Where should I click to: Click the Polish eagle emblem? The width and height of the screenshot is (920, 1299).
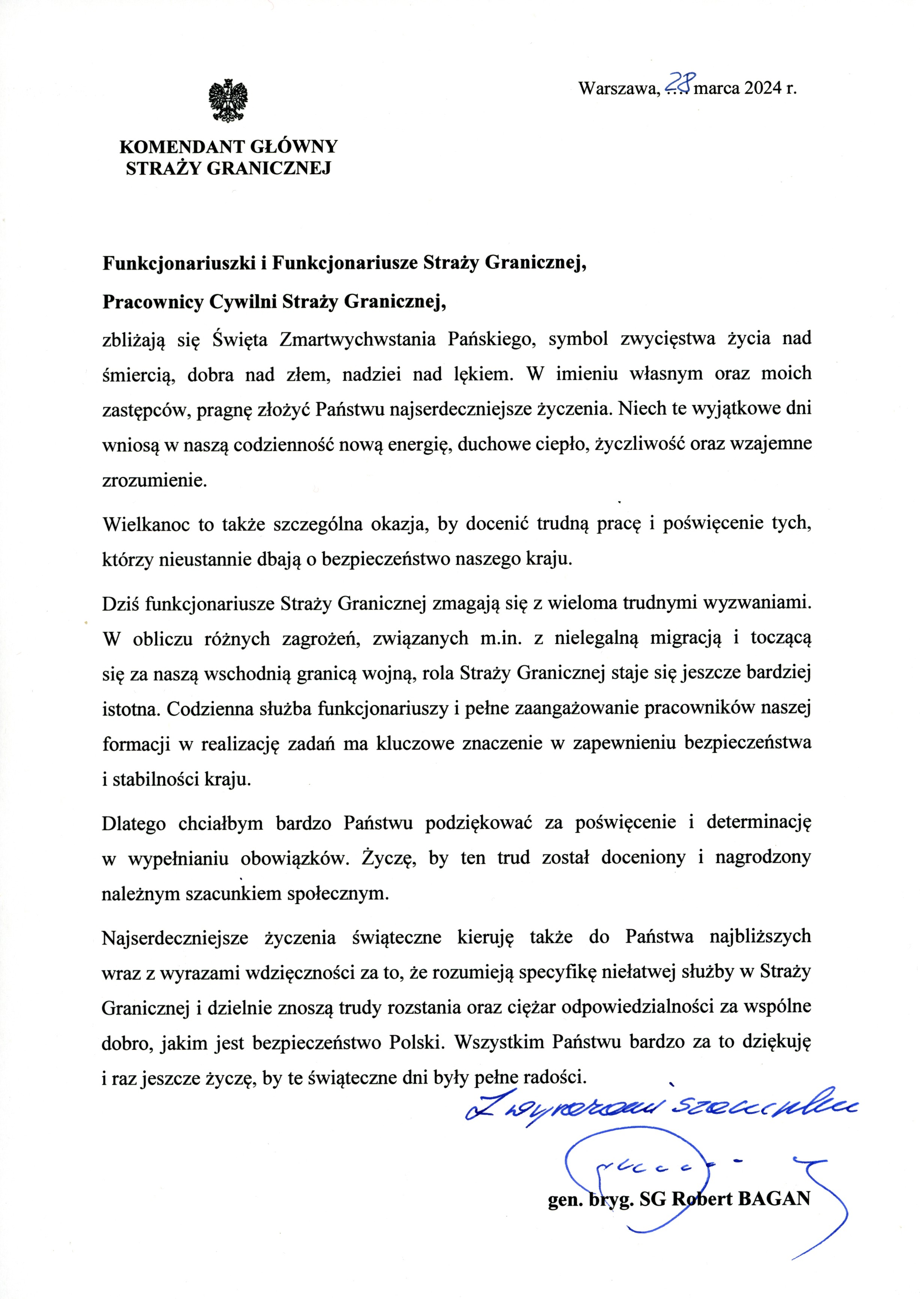pyautogui.click(x=228, y=100)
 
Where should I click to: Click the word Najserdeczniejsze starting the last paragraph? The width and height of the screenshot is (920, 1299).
pyautogui.click(x=175, y=937)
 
